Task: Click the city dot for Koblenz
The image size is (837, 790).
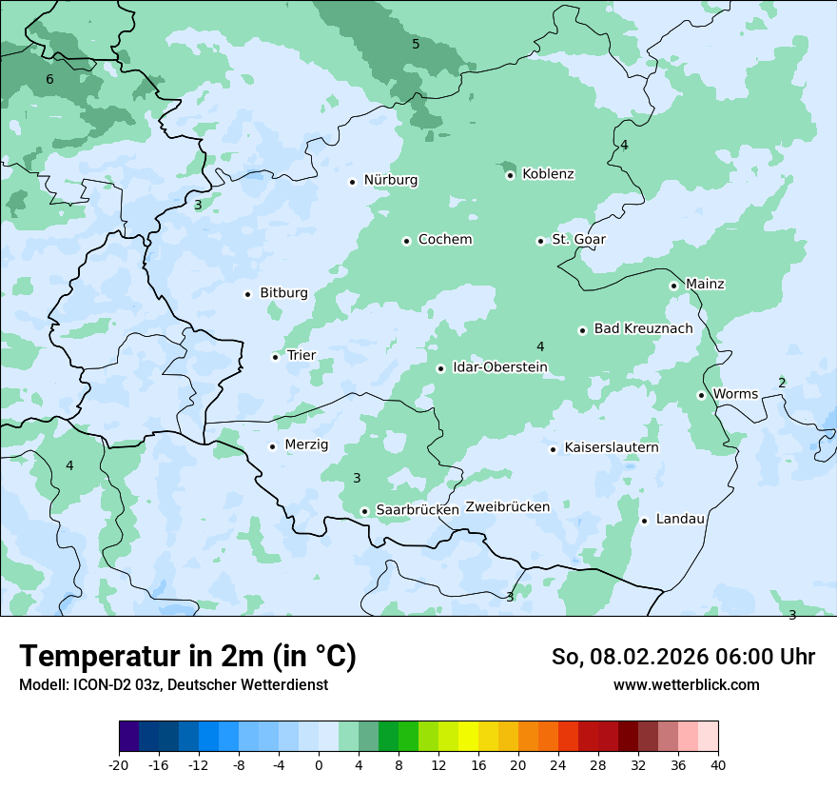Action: click(511, 175)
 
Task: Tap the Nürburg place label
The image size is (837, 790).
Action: click(390, 180)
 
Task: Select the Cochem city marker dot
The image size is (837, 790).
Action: click(406, 241)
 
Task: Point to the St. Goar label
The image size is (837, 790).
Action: click(578, 240)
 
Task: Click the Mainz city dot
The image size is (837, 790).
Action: click(673, 286)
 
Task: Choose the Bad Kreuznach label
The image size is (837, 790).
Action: click(643, 329)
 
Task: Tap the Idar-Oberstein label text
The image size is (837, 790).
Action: click(499, 367)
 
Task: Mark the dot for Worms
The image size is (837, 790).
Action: click(701, 395)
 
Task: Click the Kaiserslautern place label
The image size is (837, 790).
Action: click(611, 448)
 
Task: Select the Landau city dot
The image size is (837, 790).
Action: click(644, 521)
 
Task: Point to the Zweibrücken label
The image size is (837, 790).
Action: click(507, 507)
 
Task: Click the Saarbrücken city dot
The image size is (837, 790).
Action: click(364, 511)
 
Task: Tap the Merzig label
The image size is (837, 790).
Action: click(306, 445)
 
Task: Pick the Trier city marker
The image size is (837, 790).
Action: click(276, 357)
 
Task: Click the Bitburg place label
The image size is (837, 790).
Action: click(283, 293)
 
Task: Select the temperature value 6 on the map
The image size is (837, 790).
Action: click(49, 80)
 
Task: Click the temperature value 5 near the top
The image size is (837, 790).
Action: click(416, 45)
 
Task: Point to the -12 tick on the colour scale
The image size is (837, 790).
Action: click(199, 765)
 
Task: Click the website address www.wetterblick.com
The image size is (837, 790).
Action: click(686, 685)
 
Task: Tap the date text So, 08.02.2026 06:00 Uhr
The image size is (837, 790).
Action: click(682, 657)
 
